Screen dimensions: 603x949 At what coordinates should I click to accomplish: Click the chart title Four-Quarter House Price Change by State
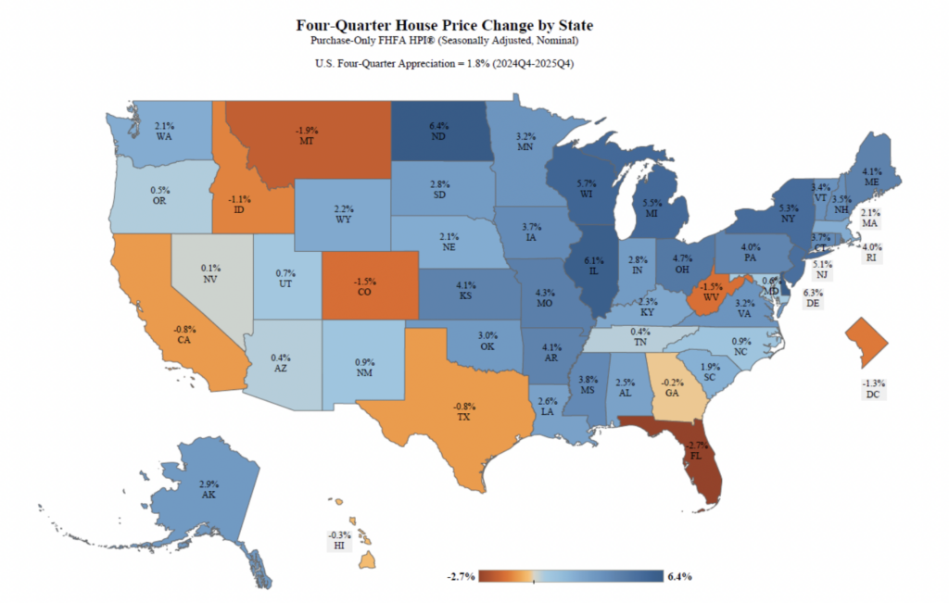(x=444, y=25)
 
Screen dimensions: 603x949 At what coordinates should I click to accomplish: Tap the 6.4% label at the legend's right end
(x=679, y=576)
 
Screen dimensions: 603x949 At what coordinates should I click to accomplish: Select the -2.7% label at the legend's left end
(x=461, y=576)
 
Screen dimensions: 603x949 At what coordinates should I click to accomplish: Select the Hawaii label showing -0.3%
(x=340, y=541)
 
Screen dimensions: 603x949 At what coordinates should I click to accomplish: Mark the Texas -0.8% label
(x=464, y=410)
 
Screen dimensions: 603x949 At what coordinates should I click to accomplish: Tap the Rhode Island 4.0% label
(x=871, y=253)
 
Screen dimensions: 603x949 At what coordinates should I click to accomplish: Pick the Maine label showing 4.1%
(x=871, y=176)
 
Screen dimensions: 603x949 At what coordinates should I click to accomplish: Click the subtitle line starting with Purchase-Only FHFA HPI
(x=444, y=42)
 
